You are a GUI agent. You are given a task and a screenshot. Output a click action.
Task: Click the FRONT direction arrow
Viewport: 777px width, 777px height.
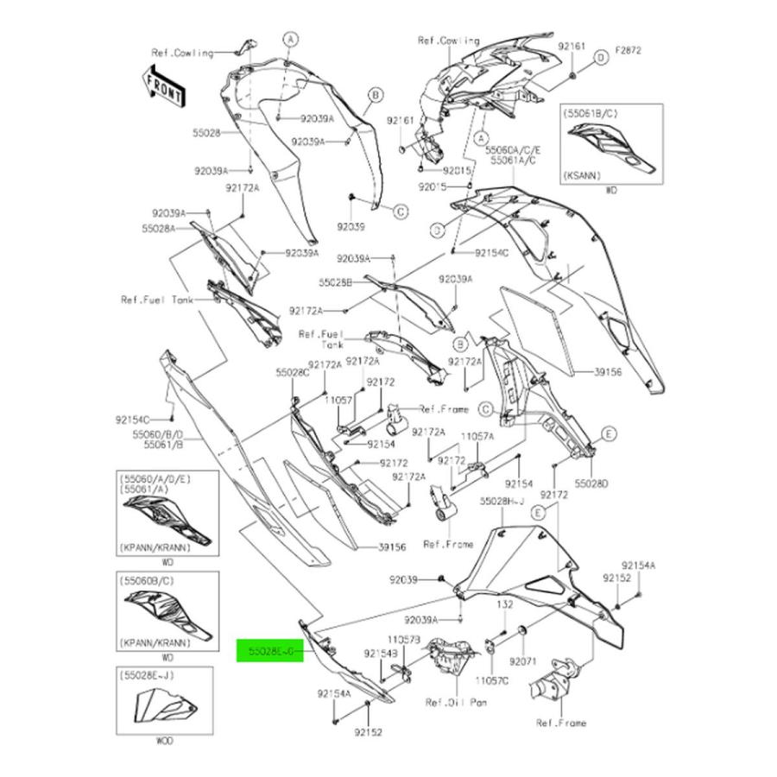tap(163, 85)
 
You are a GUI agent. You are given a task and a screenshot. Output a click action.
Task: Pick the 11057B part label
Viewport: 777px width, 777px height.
tap(404, 640)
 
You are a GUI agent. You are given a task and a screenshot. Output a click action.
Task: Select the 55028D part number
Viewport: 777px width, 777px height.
tap(593, 483)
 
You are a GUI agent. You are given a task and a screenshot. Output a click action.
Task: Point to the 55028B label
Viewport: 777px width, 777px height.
tap(336, 282)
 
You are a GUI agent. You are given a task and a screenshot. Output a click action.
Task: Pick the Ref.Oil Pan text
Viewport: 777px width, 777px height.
tap(456, 703)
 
